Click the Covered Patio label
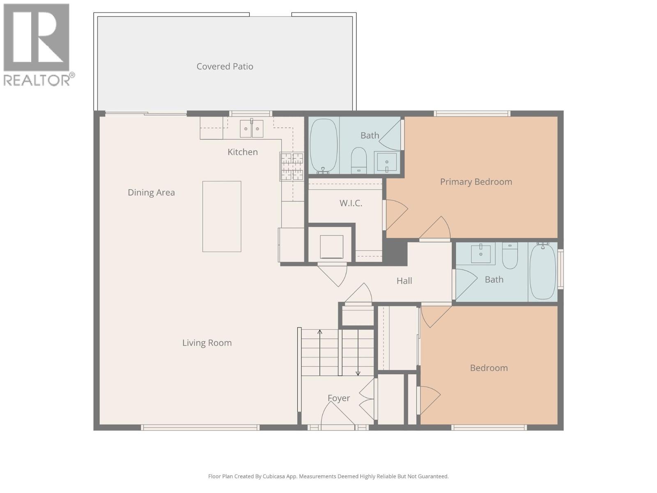[225, 67]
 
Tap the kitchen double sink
[251, 129]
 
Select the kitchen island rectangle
[222, 217]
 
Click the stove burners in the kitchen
[292, 166]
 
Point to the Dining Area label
[151, 193]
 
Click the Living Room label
[207, 343]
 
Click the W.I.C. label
[351, 203]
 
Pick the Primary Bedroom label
[476, 182]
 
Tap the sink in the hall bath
[480, 253]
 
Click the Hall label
[404, 281]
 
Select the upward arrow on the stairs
[320, 332]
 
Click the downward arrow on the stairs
[358, 373]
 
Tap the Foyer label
[339, 398]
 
